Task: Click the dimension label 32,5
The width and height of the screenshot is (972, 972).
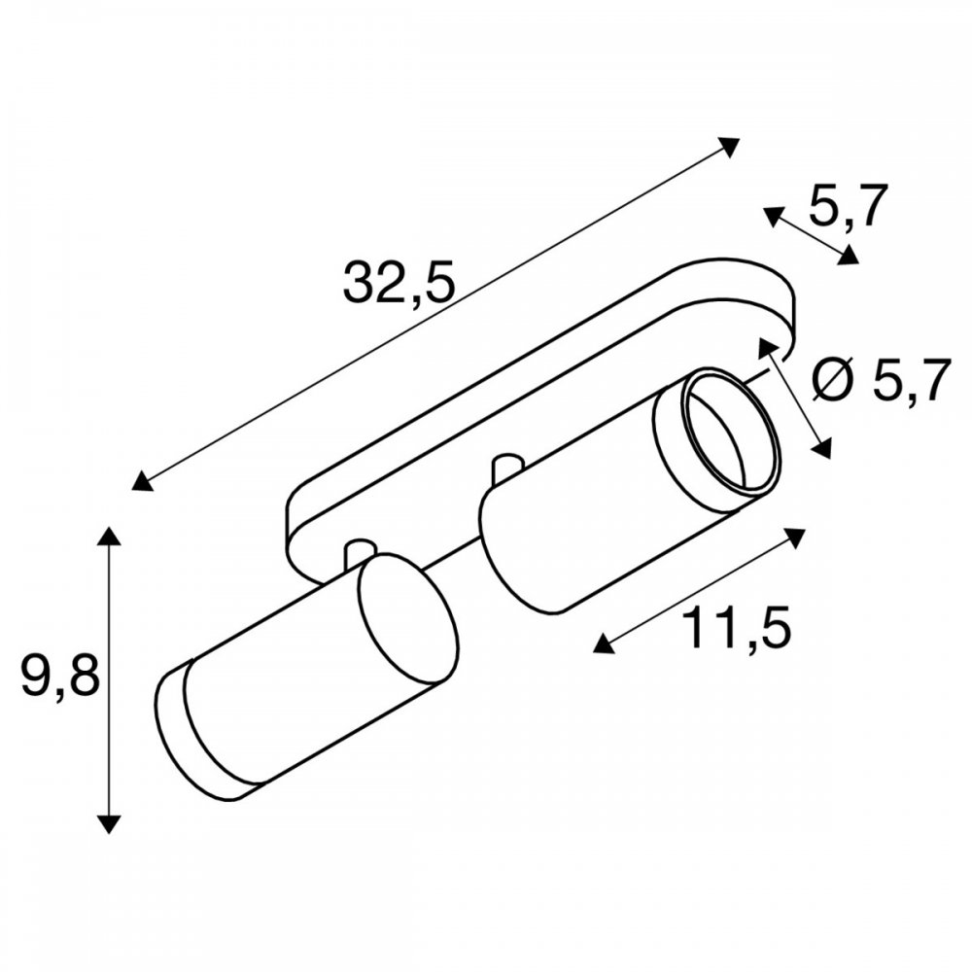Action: click(399, 282)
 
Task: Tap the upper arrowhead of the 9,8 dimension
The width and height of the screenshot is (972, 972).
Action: click(109, 536)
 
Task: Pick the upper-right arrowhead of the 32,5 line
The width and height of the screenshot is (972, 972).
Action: click(729, 147)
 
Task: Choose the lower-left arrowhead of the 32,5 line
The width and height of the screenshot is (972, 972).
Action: click(142, 481)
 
